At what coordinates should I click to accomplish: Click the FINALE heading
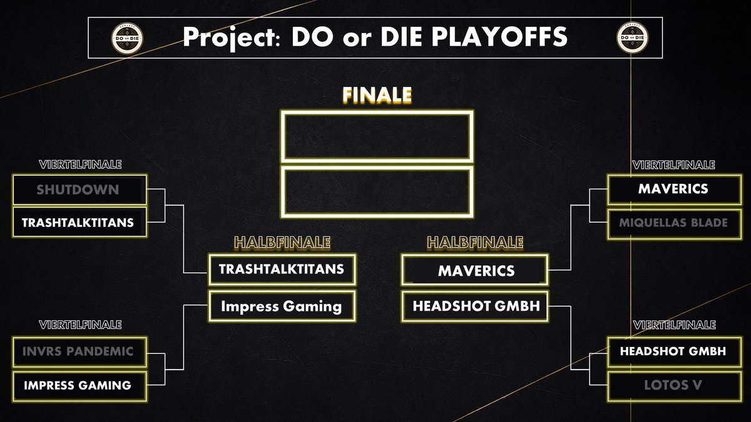click(376, 95)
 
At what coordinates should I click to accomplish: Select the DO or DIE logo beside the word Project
click(125, 38)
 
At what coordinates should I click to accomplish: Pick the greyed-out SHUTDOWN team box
click(79, 189)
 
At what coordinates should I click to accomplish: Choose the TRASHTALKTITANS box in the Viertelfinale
click(79, 222)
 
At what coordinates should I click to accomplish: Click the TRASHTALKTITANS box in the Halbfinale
click(282, 269)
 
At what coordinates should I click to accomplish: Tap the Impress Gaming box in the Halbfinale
click(282, 306)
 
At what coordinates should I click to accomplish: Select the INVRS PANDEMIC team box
click(79, 351)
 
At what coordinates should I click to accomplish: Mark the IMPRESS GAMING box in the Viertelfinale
click(79, 385)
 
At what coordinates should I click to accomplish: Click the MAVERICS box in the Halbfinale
click(476, 271)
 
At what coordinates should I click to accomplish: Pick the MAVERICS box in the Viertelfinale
click(673, 188)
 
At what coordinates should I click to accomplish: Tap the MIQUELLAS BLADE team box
click(673, 223)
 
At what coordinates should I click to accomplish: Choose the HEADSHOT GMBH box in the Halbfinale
click(476, 306)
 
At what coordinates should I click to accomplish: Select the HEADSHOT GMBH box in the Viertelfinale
click(673, 351)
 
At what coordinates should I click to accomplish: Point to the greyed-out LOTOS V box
click(673, 385)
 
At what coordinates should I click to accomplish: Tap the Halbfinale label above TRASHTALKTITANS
click(282, 242)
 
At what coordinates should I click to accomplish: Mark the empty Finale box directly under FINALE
click(376, 137)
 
